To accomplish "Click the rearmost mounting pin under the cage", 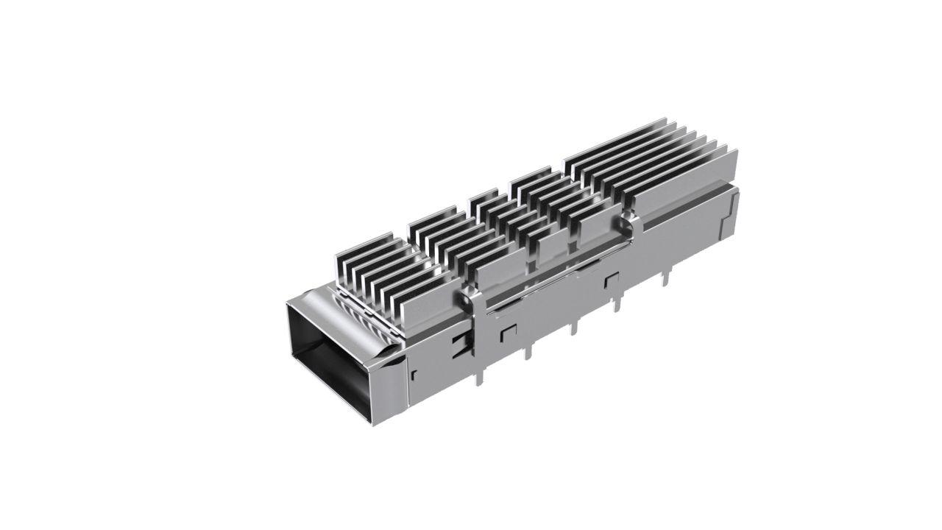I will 667,276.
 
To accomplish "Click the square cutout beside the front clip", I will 506,333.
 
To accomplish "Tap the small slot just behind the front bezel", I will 414,375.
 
